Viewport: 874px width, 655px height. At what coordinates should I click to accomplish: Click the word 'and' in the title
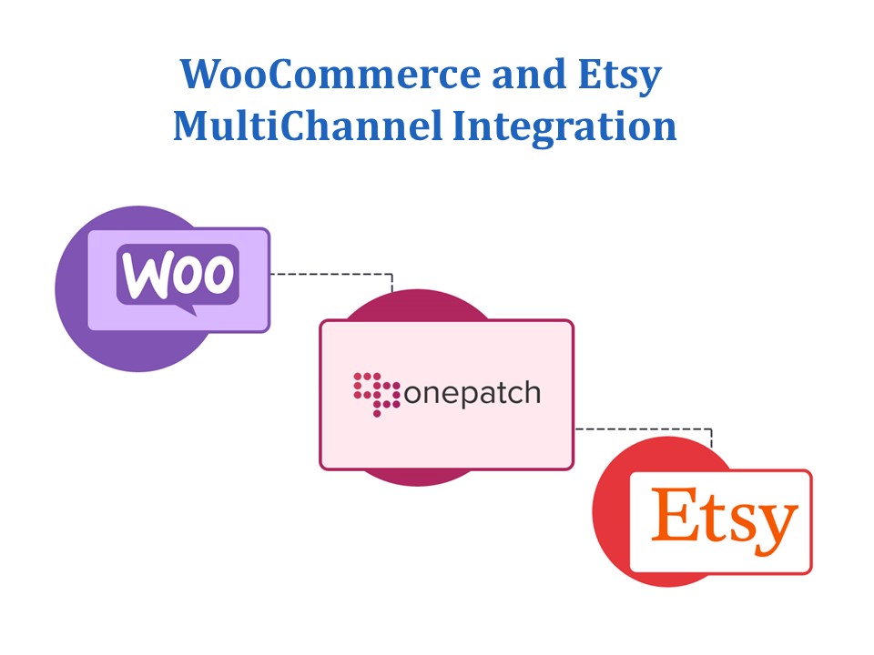pos(523,76)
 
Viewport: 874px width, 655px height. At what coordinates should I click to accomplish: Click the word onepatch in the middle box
pos(471,393)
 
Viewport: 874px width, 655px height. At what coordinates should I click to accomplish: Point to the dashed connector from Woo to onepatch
pos(333,273)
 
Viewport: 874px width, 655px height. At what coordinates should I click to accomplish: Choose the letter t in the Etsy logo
pos(713,519)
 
